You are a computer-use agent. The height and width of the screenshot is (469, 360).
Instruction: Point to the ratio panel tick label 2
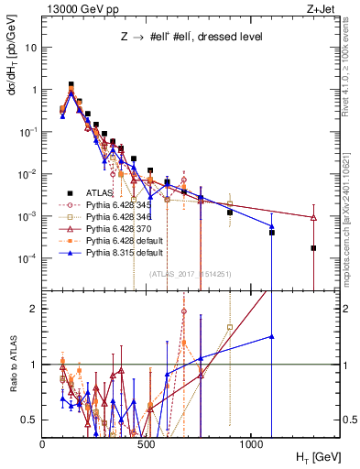tap(34, 309)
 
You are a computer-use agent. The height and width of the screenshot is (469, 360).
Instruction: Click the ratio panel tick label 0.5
tap(30, 420)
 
